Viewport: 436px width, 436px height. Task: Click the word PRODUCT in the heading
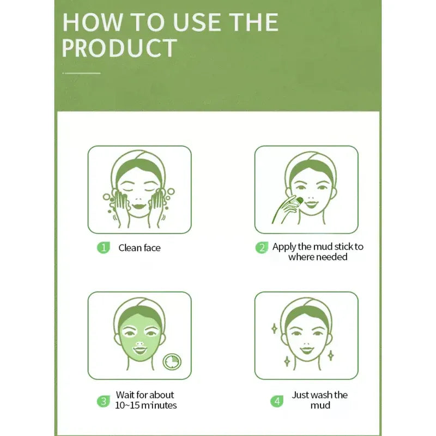[x=119, y=47]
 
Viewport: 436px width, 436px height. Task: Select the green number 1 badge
[x=104, y=247]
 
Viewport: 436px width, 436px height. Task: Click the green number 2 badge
[x=262, y=247]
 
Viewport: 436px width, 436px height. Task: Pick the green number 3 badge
[x=104, y=401]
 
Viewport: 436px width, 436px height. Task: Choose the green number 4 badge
[x=277, y=401]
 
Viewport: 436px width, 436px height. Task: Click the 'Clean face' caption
[x=140, y=248]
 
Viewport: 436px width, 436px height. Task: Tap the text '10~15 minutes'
[x=146, y=405]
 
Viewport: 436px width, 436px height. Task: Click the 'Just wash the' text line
[x=319, y=395]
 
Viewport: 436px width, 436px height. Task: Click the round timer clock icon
[x=172, y=362]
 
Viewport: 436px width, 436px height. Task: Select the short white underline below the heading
[x=81, y=73]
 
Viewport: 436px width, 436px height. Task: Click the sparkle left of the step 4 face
[x=275, y=329]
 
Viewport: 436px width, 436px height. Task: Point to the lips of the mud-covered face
[x=140, y=350]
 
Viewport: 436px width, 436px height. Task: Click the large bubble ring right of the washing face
[x=171, y=192]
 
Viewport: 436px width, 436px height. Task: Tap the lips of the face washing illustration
[x=139, y=207]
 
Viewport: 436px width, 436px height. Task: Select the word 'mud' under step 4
[x=320, y=405]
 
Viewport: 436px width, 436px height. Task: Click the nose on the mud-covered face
[x=140, y=343]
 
